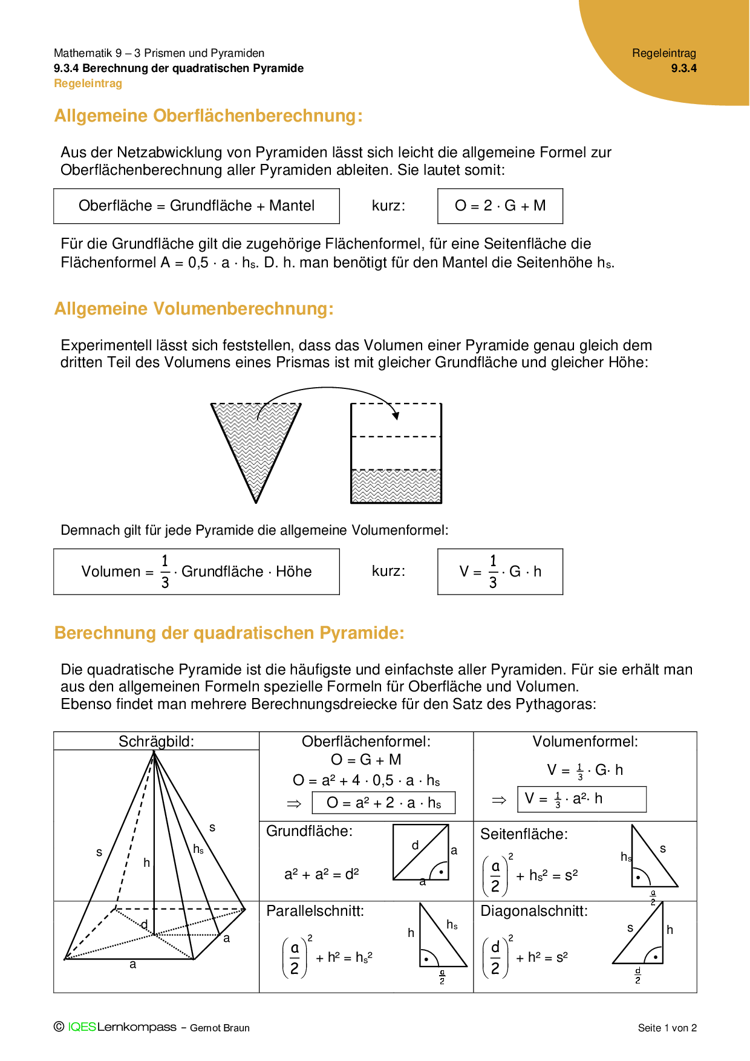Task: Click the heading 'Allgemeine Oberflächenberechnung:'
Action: [x=208, y=116]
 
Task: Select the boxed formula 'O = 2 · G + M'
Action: [x=500, y=206]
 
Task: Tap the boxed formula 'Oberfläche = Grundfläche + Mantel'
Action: [x=197, y=206]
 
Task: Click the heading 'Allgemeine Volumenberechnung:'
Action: [x=194, y=309]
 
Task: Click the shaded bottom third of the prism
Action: [x=396, y=486]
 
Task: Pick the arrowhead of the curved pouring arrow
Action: [x=396, y=416]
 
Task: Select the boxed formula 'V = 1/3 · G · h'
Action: [x=500, y=572]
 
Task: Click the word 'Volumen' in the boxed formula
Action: [x=111, y=572]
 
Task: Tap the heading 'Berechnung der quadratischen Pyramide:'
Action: [x=229, y=633]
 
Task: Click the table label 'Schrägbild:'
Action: [x=156, y=742]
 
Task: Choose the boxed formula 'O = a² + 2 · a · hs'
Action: [x=383, y=803]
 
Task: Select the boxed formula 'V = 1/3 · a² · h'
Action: [x=582, y=799]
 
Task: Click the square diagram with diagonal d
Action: [x=421, y=852]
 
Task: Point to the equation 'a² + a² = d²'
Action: [x=321, y=874]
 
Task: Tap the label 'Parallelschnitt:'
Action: [x=315, y=911]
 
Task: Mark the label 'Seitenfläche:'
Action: [x=524, y=835]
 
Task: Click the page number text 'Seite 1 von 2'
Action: [x=667, y=1028]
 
